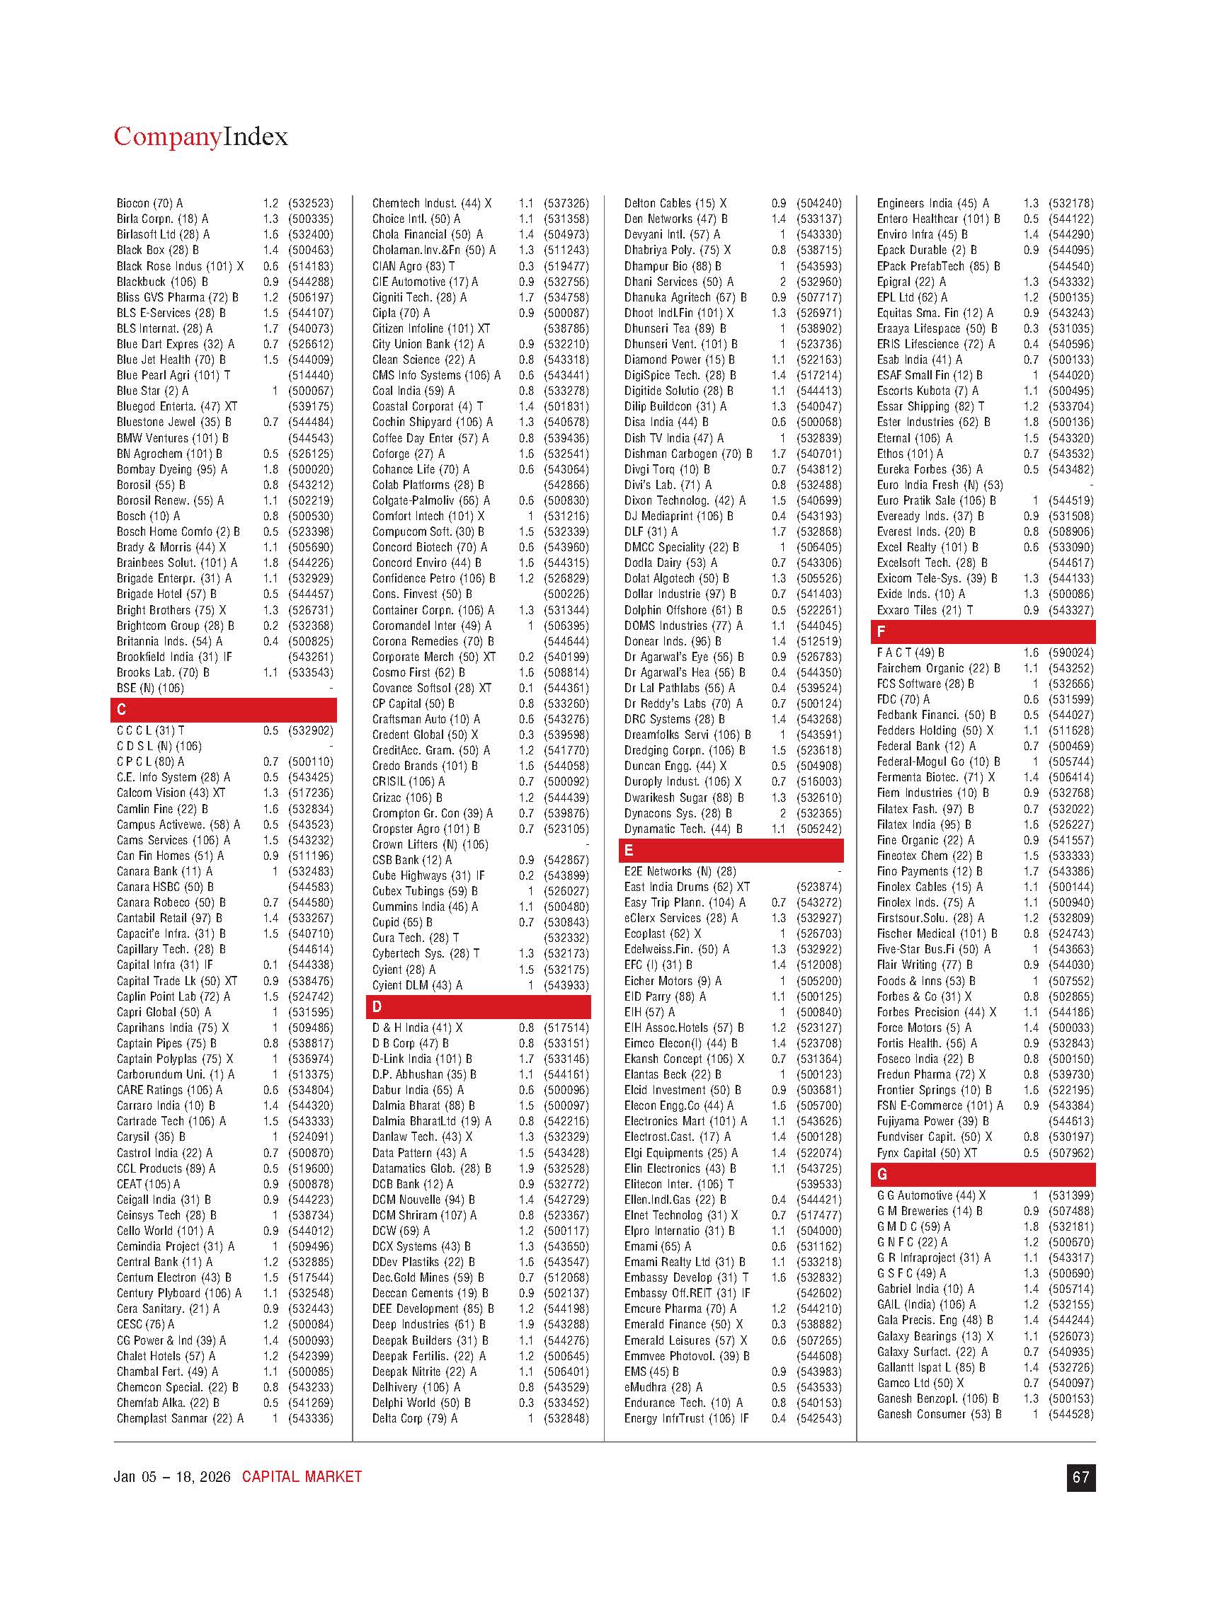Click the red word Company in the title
[x=167, y=137]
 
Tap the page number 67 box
[x=1080, y=1477]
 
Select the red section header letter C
[x=122, y=709]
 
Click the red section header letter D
[x=377, y=1006]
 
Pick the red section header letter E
[x=629, y=850]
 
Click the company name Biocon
[x=133, y=204]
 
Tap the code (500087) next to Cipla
[x=566, y=314]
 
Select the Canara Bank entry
[x=165, y=871]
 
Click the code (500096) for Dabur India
[x=566, y=1090]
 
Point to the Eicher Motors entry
[x=672, y=981]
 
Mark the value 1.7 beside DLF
[x=779, y=531]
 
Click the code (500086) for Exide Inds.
[x=1071, y=594]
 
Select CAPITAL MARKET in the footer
[x=302, y=1477]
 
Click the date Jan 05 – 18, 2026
[x=172, y=1477]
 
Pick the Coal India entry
[x=413, y=391]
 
